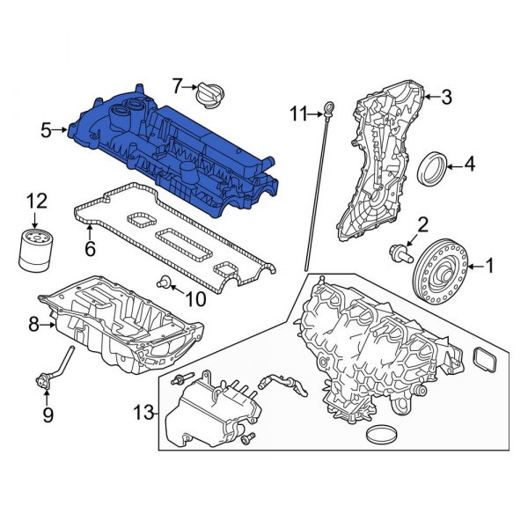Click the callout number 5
click(x=46, y=131)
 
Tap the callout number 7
click(x=176, y=85)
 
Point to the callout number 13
click(x=143, y=412)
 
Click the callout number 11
click(x=297, y=113)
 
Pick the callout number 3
click(x=446, y=96)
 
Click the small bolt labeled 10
click(x=162, y=282)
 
